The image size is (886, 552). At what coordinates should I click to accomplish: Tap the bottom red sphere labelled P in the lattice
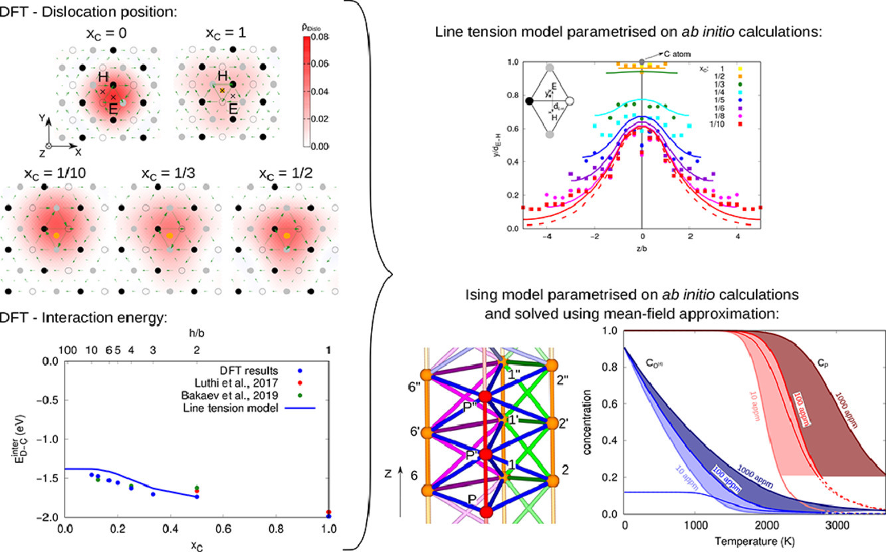[487, 511]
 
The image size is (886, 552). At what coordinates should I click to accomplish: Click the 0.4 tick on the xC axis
[170, 529]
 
